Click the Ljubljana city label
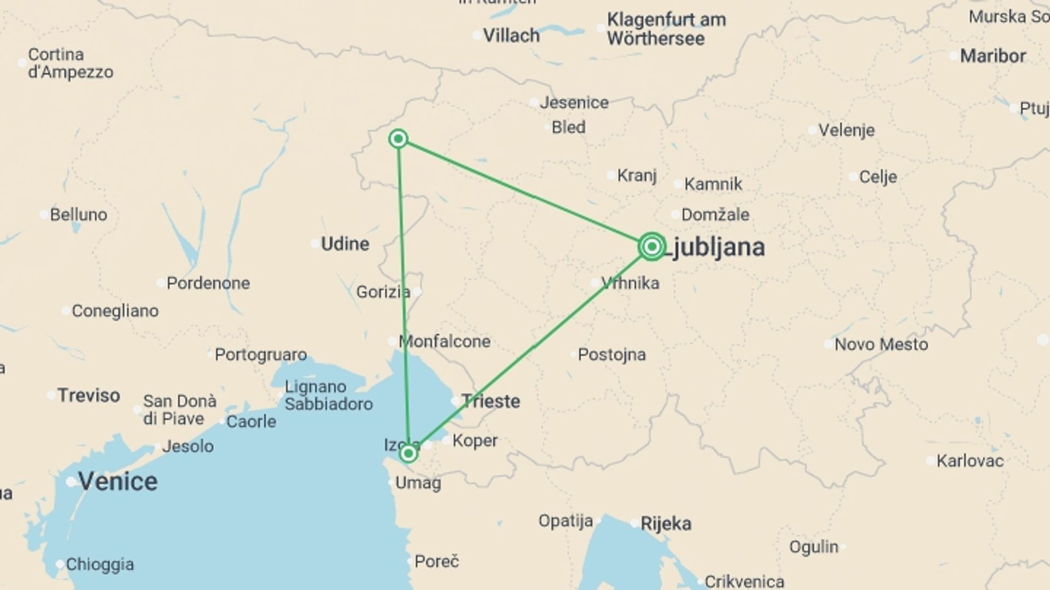(x=716, y=247)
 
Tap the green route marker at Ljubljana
(x=651, y=247)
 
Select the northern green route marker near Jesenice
(x=399, y=139)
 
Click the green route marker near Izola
(x=408, y=453)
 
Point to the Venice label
(x=118, y=481)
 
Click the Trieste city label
(x=491, y=402)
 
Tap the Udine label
(x=345, y=244)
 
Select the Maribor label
(x=993, y=56)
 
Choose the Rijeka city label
(x=666, y=524)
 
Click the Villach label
(x=511, y=36)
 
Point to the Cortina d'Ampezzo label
(x=71, y=63)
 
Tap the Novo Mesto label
(x=881, y=344)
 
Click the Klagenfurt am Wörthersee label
(x=666, y=29)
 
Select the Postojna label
(x=611, y=355)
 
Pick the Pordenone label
(x=208, y=283)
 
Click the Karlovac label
(x=970, y=461)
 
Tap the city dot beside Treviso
(x=51, y=395)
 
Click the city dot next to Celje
(x=853, y=177)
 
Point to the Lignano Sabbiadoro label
(x=328, y=396)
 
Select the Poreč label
(x=436, y=561)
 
